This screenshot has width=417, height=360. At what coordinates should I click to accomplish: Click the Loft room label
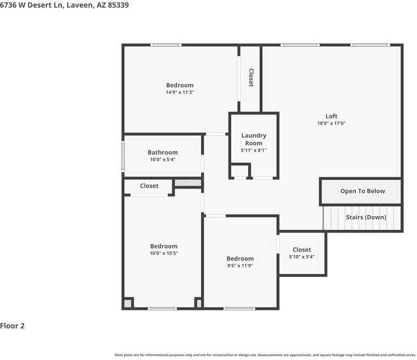coord(331,116)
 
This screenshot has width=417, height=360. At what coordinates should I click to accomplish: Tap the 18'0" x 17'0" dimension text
coord(331,124)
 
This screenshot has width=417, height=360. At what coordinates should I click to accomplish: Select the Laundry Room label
coord(254,139)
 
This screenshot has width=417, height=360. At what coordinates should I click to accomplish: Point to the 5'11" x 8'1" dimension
coord(254,150)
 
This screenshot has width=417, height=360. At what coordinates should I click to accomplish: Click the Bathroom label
coord(163,152)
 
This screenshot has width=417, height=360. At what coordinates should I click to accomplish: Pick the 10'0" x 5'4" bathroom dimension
coord(163,160)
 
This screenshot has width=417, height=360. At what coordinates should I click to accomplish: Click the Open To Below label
coord(363,191)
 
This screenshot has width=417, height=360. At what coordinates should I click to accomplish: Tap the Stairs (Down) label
coord(366,217)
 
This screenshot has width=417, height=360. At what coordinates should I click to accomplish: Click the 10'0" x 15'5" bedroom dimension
coord(164,253)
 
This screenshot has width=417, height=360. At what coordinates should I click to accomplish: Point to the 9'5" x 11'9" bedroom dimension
coord(240,265)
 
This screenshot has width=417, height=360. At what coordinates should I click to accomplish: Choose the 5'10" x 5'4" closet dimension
coord(302,257)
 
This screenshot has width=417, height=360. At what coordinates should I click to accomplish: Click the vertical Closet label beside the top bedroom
coord(251,77)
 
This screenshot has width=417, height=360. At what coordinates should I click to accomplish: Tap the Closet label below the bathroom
coord(149,186)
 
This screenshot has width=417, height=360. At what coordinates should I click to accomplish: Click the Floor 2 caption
coord(13,326)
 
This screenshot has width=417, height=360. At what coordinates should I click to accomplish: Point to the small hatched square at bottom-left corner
coord(128,303)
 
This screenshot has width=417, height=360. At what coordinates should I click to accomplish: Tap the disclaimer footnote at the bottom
coord(265,355)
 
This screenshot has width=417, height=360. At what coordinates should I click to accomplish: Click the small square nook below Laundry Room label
coord(240,171)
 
